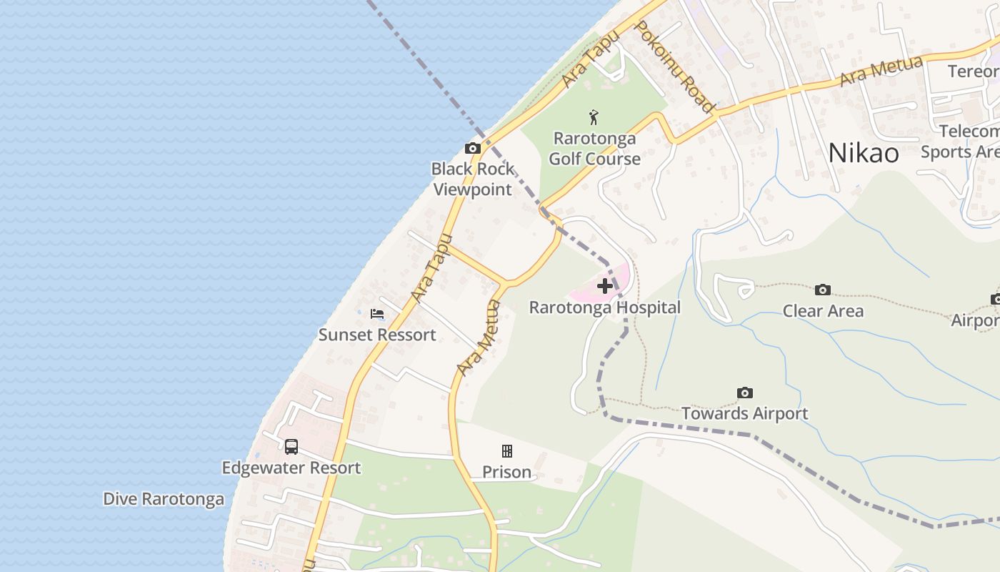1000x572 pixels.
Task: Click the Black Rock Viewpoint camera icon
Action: (x=473, y=149)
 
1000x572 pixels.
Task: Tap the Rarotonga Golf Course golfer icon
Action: (x=594, y=117)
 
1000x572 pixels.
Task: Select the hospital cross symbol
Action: (x=605, y=287)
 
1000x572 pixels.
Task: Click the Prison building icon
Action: (x=507, y=451)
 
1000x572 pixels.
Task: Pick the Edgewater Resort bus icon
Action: (x=291, y=447)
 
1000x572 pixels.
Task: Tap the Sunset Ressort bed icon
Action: (x=377, y=314)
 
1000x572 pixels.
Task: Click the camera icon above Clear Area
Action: (x=823, y=290)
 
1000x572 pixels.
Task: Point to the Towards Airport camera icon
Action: (x=745, y=393)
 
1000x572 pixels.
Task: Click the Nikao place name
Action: (x=864, y=153)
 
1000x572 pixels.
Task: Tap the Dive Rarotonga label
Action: (x=164, y=499)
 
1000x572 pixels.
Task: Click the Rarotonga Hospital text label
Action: (x=604, y=307)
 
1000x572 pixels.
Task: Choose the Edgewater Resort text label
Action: (x=291, y=468)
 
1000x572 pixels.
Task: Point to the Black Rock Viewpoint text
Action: (x=473, y=179)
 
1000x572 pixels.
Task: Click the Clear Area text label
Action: (x=823, y=311)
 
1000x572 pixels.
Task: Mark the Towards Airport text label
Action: (x=744, y=413)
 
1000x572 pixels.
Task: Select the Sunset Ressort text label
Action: (x=377, y=335)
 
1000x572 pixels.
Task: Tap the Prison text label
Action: (x=506, y=472)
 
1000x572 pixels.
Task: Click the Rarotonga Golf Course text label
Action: (x=594, y=148)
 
